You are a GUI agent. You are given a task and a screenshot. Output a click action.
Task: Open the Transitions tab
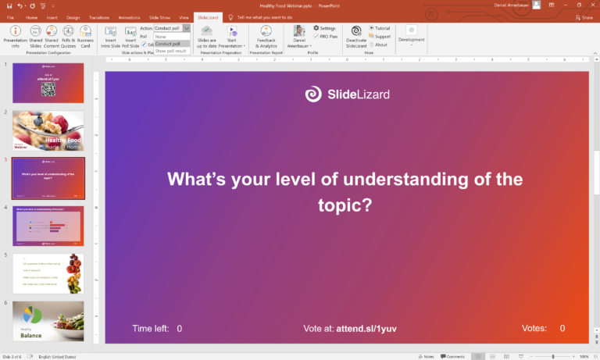pos(98,16)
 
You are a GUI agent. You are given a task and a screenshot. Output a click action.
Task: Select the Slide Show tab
pos(159,16)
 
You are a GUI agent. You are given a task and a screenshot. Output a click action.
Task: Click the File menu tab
pos(10,16)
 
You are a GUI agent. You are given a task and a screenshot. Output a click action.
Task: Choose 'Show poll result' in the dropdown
pos(171,51)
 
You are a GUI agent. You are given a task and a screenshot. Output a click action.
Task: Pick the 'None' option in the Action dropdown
pos(161,37)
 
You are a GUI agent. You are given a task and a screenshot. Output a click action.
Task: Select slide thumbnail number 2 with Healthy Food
pos(48,131)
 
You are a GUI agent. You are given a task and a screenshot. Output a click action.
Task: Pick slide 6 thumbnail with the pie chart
pos(48,321)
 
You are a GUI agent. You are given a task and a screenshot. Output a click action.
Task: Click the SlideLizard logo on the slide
pos(348,94)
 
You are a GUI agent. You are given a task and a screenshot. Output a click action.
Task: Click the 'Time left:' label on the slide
pos(151,329)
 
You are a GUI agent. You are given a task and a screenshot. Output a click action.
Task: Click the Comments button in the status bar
pos(455,356)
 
